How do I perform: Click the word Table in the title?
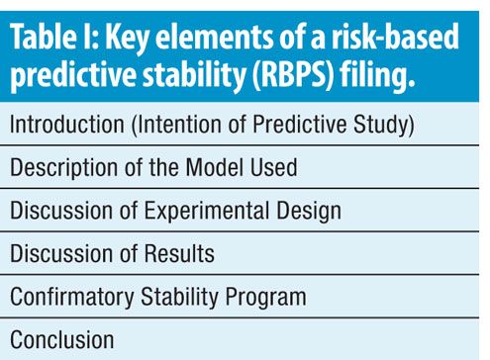click(44, 36)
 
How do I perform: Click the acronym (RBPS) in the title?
click(294, 73)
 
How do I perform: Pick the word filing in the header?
click(377, 74)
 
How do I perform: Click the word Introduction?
click(67, 124)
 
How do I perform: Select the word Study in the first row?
click(384, 126)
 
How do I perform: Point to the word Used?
click(274, 167)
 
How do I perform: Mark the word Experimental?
click(207, 212)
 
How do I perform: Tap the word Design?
click(309, 212)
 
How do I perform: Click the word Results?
click(179, 254)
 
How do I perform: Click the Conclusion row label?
click(62, 339)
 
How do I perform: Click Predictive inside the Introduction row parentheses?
click(300, 124)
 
